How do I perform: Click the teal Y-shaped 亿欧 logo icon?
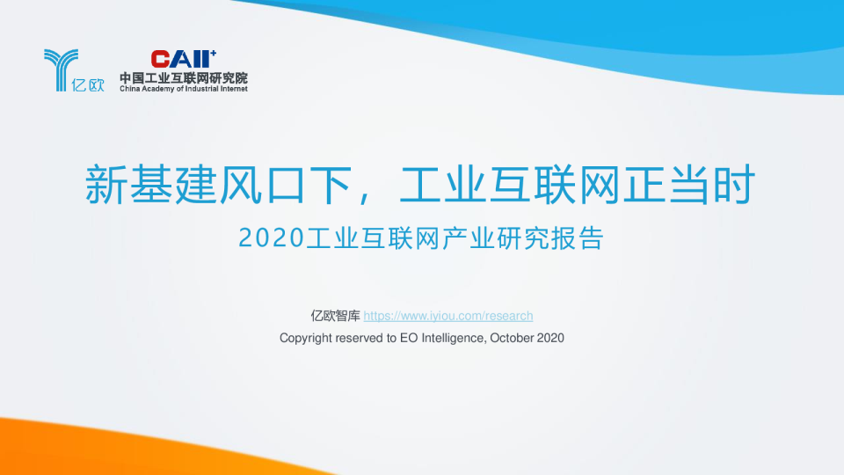(x=60, y=68)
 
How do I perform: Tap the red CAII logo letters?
(x=181, y=59)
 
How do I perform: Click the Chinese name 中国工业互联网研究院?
(x=184, y=77)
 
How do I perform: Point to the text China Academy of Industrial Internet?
(x=184, y=89)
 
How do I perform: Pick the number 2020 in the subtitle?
(x=271, y=238)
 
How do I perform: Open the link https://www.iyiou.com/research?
(x=448, y=316)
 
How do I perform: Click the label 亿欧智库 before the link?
(x=336, y=316)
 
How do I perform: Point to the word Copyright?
(x=305, y=338)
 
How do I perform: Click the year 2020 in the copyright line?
(x=549, y=338)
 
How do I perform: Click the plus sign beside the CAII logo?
(x=213, y=52)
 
